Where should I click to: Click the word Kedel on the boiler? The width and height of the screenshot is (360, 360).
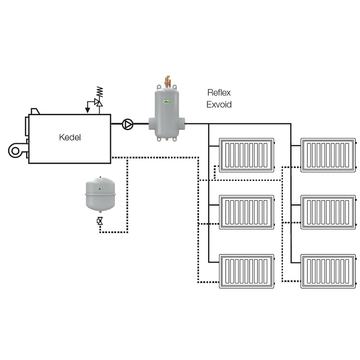(x=70, y=137)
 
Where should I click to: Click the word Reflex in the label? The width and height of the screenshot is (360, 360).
(x=219, y=93)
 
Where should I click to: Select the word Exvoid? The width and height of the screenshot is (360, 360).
(x=219, y=105)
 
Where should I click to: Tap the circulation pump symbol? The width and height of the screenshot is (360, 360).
(x=128, y=124)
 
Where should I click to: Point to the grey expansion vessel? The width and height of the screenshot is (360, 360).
(x=100, y=193)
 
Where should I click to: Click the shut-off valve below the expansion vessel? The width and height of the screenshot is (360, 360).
(x=100, y=221)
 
